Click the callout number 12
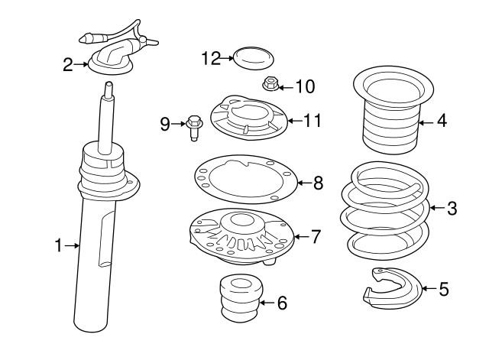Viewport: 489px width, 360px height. [211, 58]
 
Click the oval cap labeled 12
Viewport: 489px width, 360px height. [254, 58]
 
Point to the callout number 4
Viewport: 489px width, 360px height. [442, 121]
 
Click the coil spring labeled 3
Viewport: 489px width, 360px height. [385, 210]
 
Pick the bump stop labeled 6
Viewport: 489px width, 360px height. [241, 298]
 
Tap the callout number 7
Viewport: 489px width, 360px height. [316, 237]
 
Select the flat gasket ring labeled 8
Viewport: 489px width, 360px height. [246, 179]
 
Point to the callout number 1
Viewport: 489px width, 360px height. [58, 245]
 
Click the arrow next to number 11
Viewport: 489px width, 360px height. [294, 121]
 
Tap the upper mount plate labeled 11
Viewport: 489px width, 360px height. [248, 118]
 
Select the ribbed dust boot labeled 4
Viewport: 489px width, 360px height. [393, 109]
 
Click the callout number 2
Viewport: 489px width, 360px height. [68, 65]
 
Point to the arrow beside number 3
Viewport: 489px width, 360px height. [437, 207]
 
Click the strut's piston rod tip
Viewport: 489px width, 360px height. [108, 84]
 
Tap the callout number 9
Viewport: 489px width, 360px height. [165, 124]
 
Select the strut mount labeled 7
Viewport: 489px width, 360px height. [241, 237]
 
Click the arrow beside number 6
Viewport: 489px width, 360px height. [267, 303]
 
